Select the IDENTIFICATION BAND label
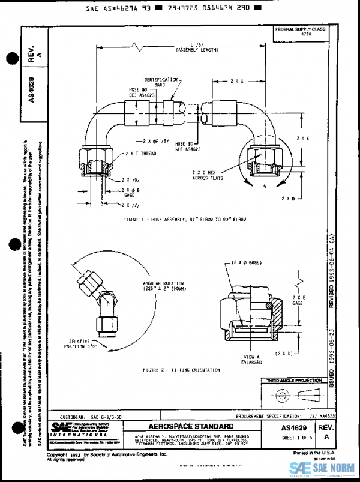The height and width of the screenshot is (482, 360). tap(161, 82)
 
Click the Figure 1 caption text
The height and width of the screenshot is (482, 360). tap(184, 220)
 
